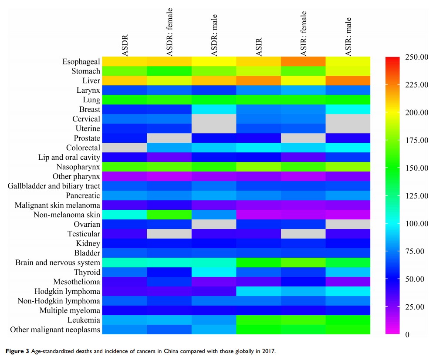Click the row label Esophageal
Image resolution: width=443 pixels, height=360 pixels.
click(x=81, y=61)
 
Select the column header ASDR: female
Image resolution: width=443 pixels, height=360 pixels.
click(x=169, y=32)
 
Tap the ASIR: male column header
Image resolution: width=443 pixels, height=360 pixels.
click(x=348, y=37)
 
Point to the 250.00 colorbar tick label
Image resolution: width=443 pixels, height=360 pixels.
click(x=417, y=57)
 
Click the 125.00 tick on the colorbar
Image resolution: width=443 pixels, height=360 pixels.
click(x=417, y=196)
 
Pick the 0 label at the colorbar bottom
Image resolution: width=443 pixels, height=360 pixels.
click(x=408, y=335)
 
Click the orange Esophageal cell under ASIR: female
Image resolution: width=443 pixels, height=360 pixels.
click(x=303, y=61)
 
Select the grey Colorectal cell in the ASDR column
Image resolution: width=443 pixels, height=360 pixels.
click(x=125, y=148)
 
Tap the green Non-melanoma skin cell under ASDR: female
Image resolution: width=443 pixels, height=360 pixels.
click(x=169, y=215)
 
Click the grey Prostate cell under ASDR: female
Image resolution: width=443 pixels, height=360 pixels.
click(x=169, y=138)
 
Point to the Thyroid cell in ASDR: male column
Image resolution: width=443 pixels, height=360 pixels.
click(x=214, y=272)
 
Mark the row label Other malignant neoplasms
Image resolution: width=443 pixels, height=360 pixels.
click(x=55, y=330)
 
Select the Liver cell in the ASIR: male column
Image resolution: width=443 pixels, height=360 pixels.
click(x=348, y=81)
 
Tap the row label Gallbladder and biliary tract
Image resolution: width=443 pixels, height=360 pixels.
click(x=54, y=186)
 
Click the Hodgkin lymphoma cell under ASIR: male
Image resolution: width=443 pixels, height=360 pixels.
click(x=348, y=291)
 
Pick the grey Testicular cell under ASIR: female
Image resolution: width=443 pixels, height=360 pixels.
click(x=303, y=234)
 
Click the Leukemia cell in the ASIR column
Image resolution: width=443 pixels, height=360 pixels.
click(x=259, y=320)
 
